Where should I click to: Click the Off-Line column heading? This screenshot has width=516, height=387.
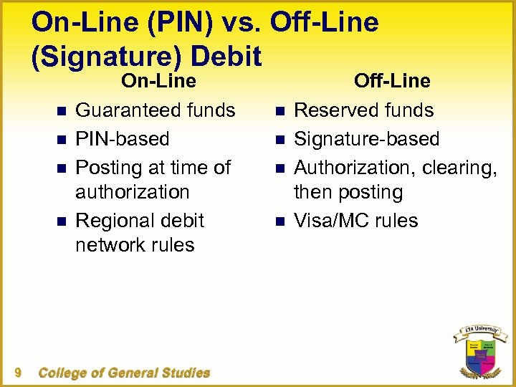392,81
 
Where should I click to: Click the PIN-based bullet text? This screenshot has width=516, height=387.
122,138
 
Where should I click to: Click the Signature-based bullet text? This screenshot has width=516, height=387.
367,138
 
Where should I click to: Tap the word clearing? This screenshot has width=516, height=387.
459,167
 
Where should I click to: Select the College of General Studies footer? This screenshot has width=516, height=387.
124,373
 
